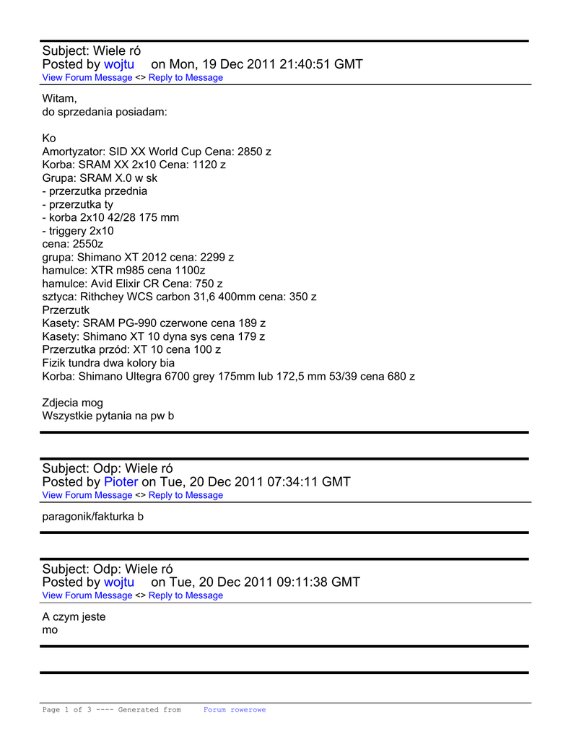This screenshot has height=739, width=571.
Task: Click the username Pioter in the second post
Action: (x=121, y=482)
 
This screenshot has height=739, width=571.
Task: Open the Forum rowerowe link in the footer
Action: (x=235, y=710)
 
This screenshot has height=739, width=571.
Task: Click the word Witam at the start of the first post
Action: (x=59, y=99)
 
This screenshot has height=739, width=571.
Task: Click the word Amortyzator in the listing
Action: (x=74, y=152)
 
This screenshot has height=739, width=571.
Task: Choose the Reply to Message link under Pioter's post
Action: (x=186, y=496)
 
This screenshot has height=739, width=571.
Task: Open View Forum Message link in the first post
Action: (x=87, y=78)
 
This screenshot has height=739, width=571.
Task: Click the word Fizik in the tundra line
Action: (x=55, y=363)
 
